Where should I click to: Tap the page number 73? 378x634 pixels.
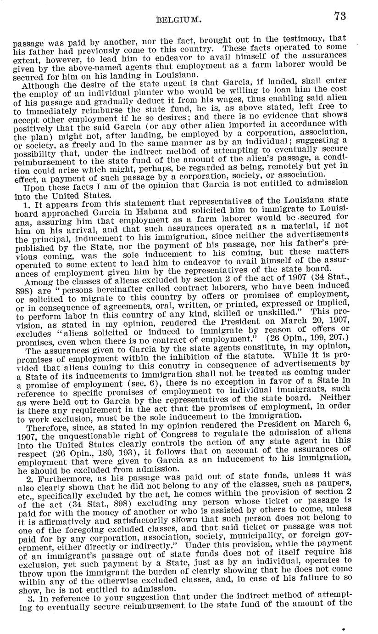coord(340,16)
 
